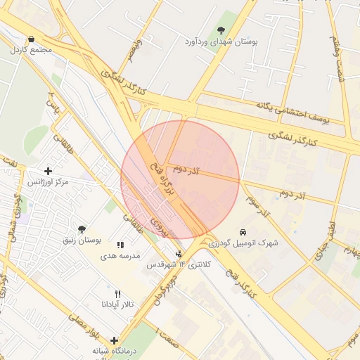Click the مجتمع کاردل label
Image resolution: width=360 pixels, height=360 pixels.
coord(26,51)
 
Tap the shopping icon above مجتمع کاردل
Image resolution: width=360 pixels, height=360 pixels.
coord(30,39)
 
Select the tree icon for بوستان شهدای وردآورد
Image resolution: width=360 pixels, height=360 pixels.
coord(221,30)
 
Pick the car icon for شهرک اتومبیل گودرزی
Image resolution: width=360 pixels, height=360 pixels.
coord(243,231)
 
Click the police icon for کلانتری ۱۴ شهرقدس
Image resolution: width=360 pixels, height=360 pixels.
coord(179,253)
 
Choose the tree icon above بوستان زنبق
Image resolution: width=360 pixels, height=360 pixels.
coord(82,229)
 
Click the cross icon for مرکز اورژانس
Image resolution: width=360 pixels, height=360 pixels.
coord(48,171)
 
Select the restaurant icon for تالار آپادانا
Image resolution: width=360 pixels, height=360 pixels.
coord(118,294)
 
